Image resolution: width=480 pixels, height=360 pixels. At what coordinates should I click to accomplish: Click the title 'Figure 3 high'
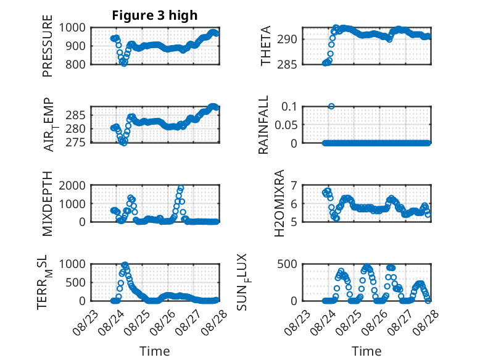[x=155, y=15]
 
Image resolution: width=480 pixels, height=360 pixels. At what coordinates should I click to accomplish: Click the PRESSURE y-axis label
[x=48, y=46]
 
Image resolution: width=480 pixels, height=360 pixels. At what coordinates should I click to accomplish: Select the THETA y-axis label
[x=266, y=46]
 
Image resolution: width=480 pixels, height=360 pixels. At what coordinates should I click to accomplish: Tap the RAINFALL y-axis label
[x=263, y=125]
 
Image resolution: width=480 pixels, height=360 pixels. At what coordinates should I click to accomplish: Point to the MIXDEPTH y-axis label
[x=48, y=204]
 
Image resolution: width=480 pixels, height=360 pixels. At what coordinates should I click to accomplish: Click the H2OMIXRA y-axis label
[x=279, y=203]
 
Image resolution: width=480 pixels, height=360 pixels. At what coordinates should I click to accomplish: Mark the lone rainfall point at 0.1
[x=331, y=106]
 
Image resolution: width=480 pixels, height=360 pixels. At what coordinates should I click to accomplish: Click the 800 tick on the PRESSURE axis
[x=75, y=65]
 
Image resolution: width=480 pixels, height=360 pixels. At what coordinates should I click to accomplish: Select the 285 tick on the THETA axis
[x=287, y=65]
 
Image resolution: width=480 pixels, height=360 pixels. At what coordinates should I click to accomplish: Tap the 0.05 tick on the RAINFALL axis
[x=286, y=125]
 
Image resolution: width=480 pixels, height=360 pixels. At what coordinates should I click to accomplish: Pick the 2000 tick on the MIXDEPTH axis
[x=72, y=185]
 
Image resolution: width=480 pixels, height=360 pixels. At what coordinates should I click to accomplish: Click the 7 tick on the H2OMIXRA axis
[x=294, y=185]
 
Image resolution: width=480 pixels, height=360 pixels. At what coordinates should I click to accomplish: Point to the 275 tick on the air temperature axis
[x=75, y=143]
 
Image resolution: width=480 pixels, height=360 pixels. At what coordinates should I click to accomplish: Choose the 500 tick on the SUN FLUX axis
[x=287, y=264]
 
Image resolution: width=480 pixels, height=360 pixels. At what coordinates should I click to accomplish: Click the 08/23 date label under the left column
[x=86, y=322]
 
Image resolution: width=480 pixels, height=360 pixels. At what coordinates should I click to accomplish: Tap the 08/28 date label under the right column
[x=426, y=322]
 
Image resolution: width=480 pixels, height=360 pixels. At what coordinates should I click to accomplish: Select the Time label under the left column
[x=155, y=351]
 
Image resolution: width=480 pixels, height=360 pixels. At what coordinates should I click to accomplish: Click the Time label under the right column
[x=366, y=351]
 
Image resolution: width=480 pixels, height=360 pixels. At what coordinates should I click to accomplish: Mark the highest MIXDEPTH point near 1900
[x=181, y=188]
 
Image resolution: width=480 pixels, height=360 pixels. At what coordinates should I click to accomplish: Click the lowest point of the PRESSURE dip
[x=123, y=64]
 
